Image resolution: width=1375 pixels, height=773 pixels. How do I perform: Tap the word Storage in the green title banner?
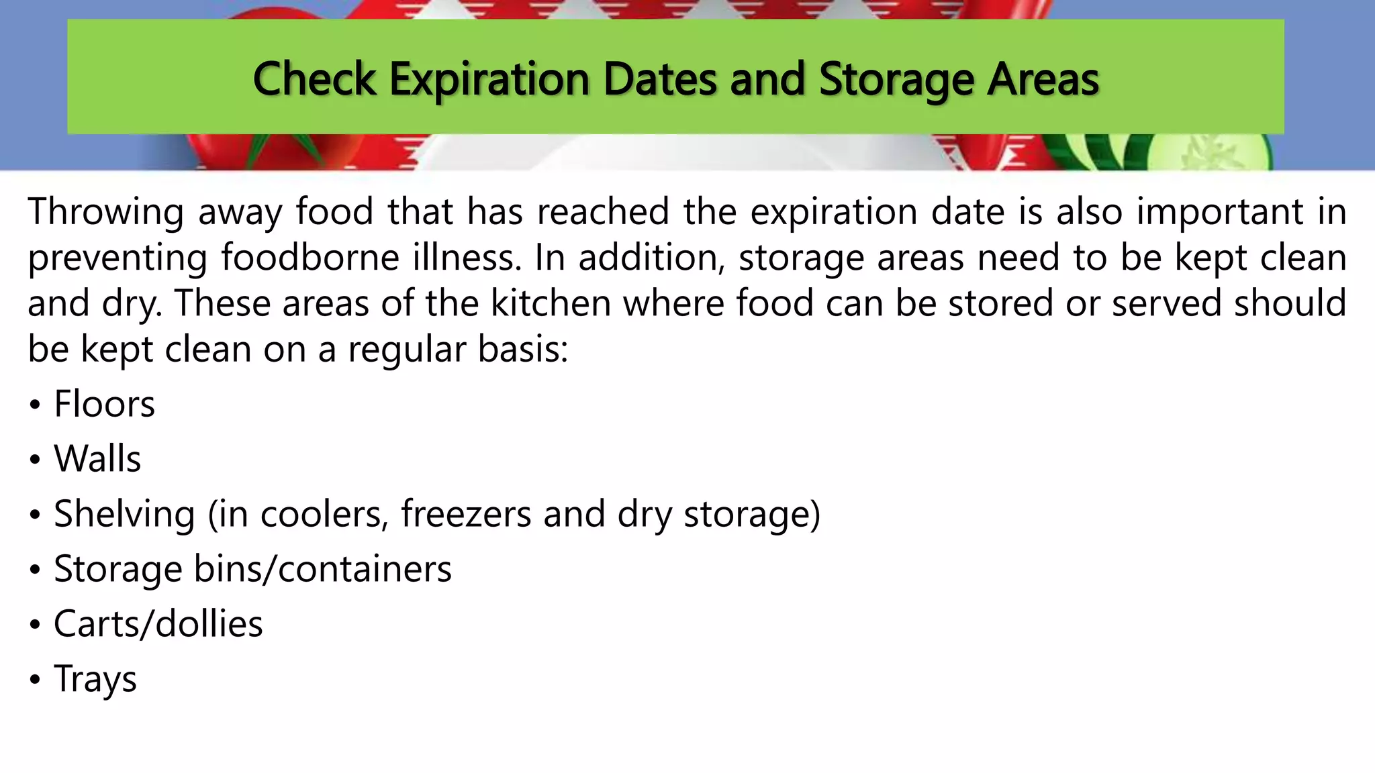tap(896, 79)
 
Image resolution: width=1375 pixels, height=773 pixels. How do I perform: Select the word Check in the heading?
tap(314, 79)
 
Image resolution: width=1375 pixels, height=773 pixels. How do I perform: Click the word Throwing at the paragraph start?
tap(105, 212)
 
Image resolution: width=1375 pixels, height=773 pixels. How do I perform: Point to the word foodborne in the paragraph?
tap(310, 258)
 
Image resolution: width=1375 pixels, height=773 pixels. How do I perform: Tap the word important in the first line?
tap(1220, 212)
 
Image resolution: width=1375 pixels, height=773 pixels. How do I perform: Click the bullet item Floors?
tap(104, 404)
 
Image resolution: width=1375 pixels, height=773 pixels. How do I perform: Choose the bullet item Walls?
tap(97, 459)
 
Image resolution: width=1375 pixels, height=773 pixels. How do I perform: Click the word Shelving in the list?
tap(124, 514)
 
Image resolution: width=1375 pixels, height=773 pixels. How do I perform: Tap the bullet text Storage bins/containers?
tap(252, 569)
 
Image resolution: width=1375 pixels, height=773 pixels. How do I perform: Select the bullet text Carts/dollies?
tap(158, 624)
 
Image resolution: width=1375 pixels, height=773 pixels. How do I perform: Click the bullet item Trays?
tap(95, 679)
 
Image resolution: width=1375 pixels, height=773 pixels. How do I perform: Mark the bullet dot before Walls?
tap(35, 460)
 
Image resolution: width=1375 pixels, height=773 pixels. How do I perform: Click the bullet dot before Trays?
tap(35, 680)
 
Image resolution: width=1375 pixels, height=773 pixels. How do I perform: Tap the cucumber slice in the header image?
tap(1208, 154)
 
